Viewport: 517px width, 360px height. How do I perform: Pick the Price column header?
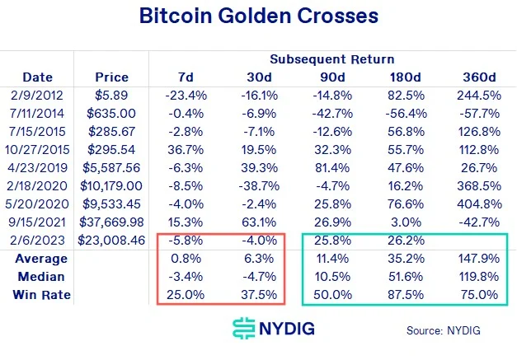(112, 77)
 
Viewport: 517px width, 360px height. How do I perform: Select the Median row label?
(41, 277)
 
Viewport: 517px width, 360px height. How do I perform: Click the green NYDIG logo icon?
(244, 330)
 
